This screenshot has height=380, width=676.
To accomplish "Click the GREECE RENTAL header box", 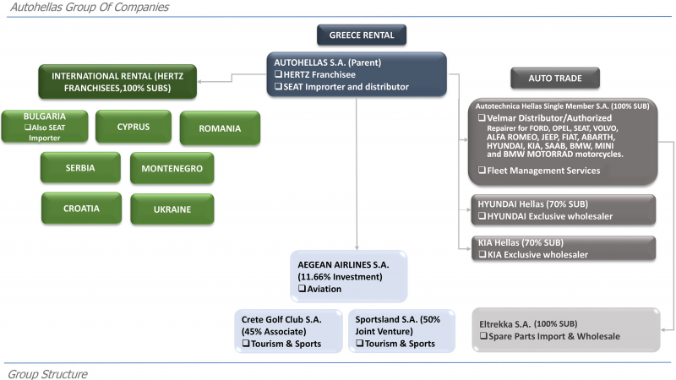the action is (x=362, y=35).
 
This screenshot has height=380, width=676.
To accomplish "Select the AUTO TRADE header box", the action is (x=555, y=78).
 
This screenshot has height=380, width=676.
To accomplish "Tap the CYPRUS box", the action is (x=134, y=127).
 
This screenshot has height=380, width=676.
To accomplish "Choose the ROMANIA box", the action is (x=220, y=128).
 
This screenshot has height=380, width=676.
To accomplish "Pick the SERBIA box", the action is (x=80, y=167).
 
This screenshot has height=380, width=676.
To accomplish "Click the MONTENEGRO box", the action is (x=172, y=168).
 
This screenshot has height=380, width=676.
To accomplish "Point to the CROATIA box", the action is (x=81, y=208).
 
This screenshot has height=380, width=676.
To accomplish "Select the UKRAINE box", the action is (x=172, y=209).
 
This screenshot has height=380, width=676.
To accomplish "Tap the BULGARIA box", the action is (x=45, y=127).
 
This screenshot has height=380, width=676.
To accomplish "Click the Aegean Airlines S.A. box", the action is (x=348, y=276).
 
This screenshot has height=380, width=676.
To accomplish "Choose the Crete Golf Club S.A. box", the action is (x=288, y=331).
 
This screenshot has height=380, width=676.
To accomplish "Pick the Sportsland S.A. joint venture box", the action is (x=401, y=331).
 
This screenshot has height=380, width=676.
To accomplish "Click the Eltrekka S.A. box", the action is (x=566, y=329).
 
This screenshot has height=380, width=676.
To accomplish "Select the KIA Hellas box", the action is (x=564, y=248).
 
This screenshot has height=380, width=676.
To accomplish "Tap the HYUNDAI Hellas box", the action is (x=564, y=209).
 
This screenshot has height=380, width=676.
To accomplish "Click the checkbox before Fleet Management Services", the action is (x=482, y=171).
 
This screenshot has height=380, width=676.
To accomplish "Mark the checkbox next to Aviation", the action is (x=302, y=289).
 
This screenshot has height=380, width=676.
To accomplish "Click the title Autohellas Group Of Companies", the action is (x=90, y=7).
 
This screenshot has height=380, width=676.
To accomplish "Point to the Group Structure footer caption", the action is (x=47, y=373).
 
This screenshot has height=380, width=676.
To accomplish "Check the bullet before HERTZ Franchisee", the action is (x=279, y=74).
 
